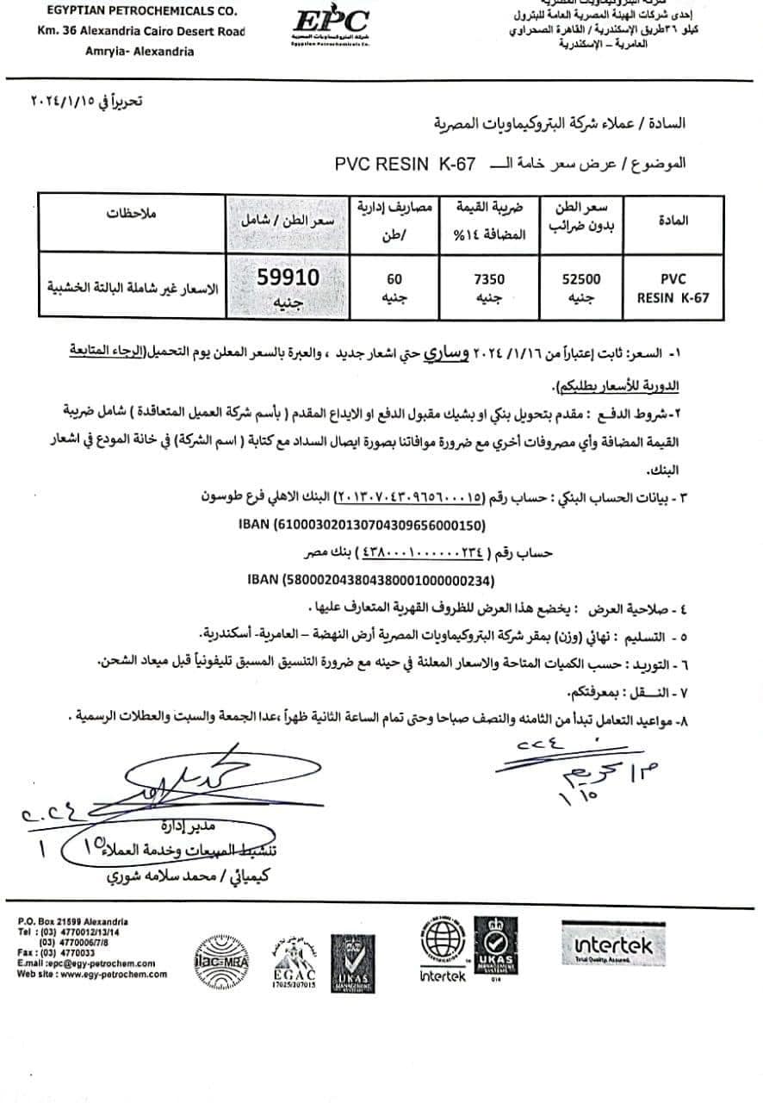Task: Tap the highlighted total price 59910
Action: point(288,277)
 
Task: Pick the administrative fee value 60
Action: point(395,279)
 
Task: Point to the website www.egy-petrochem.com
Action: point(92,974)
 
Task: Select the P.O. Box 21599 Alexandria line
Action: point(72,922)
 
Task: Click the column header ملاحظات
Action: point(130,212)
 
